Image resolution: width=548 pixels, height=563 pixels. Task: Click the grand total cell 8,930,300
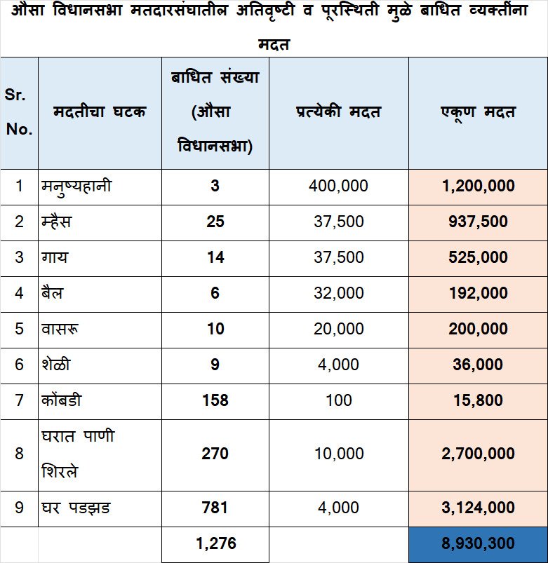point(478,543)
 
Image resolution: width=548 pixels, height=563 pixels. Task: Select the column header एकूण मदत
point(478,112)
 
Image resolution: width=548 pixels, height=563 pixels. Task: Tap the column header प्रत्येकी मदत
point(338,112)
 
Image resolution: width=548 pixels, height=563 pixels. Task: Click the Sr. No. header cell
point(19,112)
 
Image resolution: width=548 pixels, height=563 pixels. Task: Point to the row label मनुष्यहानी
point(76,186)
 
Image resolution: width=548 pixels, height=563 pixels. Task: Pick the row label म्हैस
point(57,222)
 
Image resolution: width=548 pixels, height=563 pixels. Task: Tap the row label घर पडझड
point(75,508)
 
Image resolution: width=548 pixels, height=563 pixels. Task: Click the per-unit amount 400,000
point(338,186)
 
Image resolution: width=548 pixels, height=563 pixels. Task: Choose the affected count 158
point(215,400)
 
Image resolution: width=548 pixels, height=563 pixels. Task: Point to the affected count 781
point(215,508)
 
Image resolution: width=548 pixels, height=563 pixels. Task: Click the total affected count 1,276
point(215,543)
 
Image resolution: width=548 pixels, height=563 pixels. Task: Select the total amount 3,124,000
point(478,508)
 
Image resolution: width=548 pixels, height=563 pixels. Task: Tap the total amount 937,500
point(478,222)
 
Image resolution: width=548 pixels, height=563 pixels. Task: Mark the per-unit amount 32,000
point(338,293)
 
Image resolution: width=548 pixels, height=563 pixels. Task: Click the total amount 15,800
point(478,400)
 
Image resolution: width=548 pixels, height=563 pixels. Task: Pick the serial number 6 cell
point(19,365)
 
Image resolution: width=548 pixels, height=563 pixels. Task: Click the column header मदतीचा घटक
point(100,112)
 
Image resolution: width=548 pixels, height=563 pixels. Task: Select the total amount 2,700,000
point(478,454)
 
